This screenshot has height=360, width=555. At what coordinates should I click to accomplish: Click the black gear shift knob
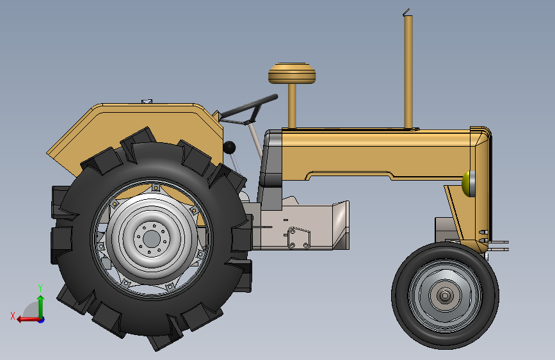point(229,148)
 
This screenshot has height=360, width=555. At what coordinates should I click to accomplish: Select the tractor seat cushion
point(292,74)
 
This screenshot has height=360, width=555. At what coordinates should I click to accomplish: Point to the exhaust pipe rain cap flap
point(406,11)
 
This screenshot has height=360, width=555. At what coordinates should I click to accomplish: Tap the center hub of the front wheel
point(445,295)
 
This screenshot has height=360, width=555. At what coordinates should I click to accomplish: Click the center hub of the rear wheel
point(152,238)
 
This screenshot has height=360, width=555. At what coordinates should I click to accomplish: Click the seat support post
point(293,106)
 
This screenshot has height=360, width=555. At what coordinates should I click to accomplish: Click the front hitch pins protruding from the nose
point(499,245)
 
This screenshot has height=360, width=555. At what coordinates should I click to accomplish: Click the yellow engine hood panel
point(378,154)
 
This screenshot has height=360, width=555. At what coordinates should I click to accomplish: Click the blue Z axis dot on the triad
point(40,318)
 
